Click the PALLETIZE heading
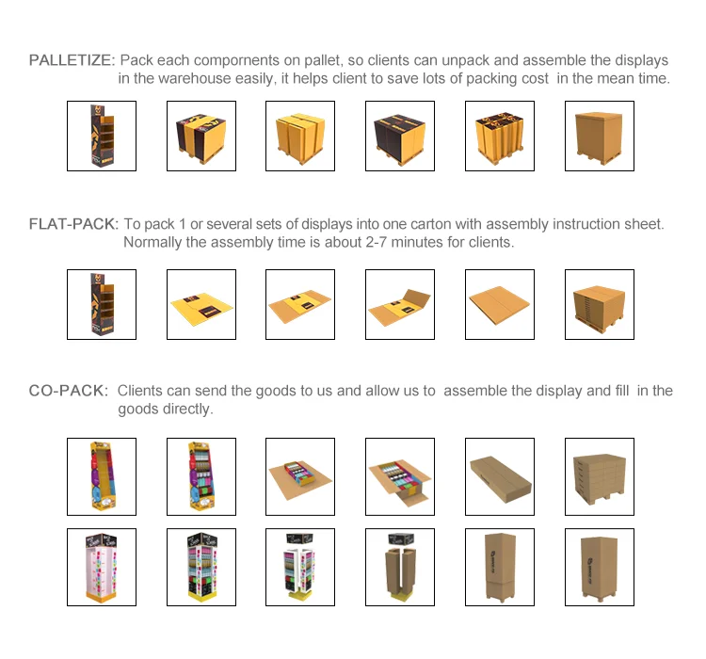click(x=72, y=60)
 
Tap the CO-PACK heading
click(x=68, y=391)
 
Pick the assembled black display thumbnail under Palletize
click(x=101, y=137)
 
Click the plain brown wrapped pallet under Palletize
click(x=599, y=137)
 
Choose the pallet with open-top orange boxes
click(x=499, y=137)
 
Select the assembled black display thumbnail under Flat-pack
click(x=101, y=304)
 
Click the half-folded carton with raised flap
click(x=399, y=304)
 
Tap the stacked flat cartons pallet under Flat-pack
click(x=599, y=304)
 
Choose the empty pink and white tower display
click(x=101, y=566)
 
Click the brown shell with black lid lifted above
click(x=399, y=566)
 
